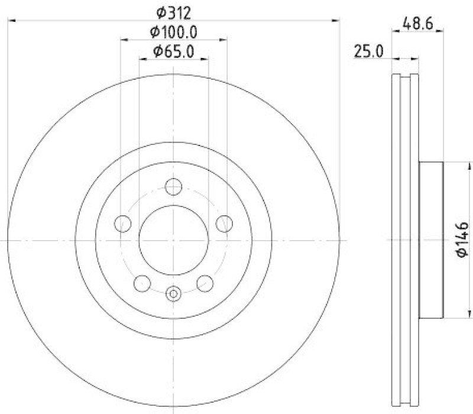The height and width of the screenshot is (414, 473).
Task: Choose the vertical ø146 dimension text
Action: pyautogui.click(x=462, y=240)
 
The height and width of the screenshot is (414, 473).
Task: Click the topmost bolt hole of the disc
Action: pyautogui.click(x=173, y=187)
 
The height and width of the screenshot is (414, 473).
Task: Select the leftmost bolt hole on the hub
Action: pyautogui.click(x=123, y=224)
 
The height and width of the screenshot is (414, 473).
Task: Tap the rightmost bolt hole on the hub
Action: pyautogui.click(x=223, y=224)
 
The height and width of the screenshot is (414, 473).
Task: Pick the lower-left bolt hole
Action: pyautogui.click(x=142, y=283)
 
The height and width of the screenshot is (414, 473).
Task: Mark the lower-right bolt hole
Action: pyautogui.click(x=205, y=283)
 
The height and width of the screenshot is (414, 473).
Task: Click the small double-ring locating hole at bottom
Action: pyautogui.click(x=173, y=292)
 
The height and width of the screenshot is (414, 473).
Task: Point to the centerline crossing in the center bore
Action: pyautogui.click(x=173, y=240)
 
